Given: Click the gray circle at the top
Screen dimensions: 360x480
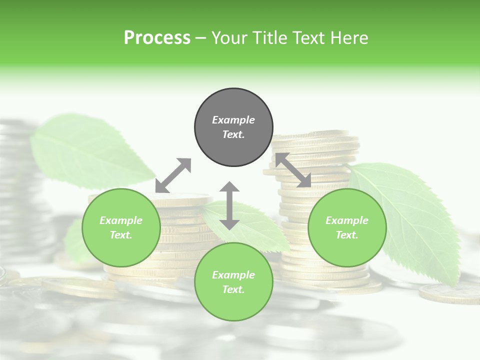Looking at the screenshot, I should point(233,127).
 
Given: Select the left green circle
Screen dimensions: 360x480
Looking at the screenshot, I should point(121,227).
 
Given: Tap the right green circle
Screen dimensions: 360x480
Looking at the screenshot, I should point(347,227).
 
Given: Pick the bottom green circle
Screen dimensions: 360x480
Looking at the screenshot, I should point(233,282).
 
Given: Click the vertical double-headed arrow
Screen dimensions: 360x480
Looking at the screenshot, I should point(229,205).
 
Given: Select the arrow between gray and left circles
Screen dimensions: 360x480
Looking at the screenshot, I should point(173,175).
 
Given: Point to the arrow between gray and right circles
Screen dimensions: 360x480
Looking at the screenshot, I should point(293,170).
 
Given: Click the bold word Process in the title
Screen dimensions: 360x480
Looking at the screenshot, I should point(157,37).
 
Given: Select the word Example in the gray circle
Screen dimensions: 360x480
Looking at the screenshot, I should point(233,120).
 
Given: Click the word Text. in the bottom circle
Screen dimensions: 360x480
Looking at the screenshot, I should point(233,289).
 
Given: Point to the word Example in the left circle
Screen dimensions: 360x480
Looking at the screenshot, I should point(121,220).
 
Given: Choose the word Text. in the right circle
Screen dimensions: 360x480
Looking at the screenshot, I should point(347,235).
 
